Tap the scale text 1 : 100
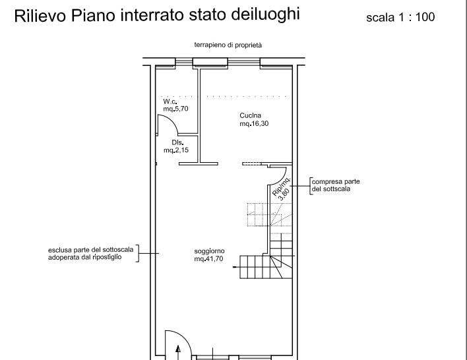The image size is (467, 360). pos(417,17)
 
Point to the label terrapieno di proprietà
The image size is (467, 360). pos(228,45)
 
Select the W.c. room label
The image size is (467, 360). pos(170,102)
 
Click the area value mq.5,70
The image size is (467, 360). pos(175,109)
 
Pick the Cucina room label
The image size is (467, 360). pos(251,115)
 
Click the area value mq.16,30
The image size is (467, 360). pos(254,123)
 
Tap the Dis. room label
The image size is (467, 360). pos(177,142)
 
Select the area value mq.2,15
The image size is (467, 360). pos(176,150)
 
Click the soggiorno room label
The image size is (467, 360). pos(209,251)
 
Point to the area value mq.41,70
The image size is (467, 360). pos(208,258)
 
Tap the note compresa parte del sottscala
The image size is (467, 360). pos(336,185)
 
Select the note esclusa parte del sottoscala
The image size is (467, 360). pos(90,253)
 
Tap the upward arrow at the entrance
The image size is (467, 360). pos(178,353)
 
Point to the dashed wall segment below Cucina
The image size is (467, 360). pos(252,164)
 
